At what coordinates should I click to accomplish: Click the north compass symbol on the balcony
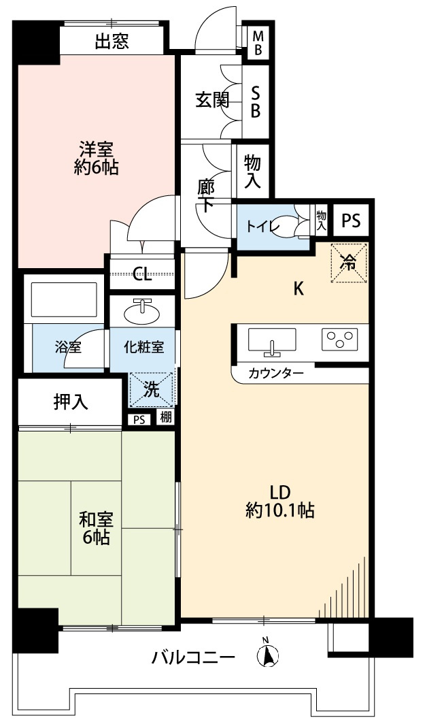(x=267, y=654)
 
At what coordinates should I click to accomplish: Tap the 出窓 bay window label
(x=112, y=42)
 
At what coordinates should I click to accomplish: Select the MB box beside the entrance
(x=258, y=43)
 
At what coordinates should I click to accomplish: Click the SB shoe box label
(x=256, y=101)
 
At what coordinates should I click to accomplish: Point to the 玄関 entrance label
(x=211, y=100)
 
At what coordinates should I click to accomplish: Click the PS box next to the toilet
(x=350, y=220)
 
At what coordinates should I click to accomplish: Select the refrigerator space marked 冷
(x=349, y=262)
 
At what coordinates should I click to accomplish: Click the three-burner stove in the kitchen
(x=339, y=338)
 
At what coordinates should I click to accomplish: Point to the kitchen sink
(x=272, y=340)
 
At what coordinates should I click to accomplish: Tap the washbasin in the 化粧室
(x=143, y=312)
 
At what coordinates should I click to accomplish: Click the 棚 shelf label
(x=166, y=418)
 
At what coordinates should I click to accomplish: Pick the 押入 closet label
(x=71, y=402)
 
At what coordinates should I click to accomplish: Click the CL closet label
(x=142, y=274)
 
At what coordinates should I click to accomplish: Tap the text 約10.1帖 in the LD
(x=280, y=510)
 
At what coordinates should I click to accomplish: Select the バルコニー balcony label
(x=193, y=658)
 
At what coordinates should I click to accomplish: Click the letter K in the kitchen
(x=298, y=289)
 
